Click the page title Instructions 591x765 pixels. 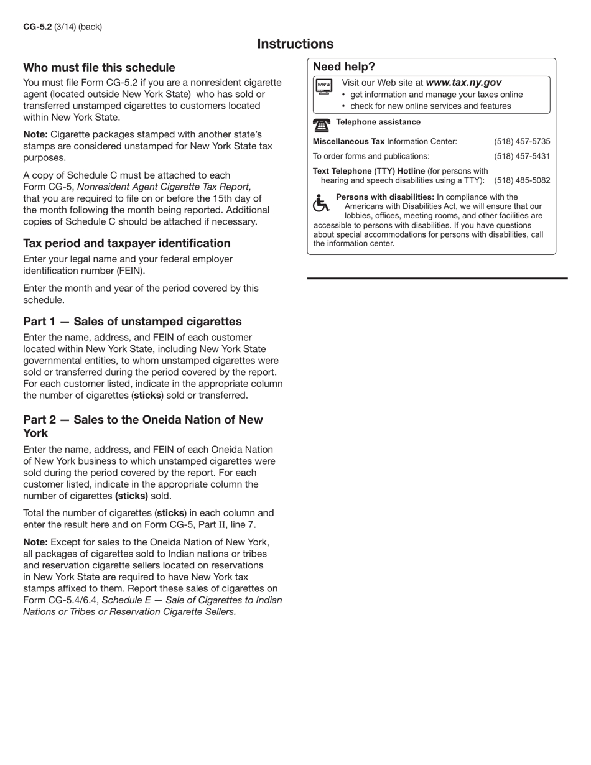click(295, 44)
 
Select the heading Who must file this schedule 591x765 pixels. click(99, 67)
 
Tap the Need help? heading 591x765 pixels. click(344, 67)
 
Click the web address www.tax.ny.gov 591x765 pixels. click(463, 82)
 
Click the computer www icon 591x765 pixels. click(323, 87)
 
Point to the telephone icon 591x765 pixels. click(321, 125)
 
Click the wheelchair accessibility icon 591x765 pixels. click(320, 203)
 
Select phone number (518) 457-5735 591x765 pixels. click(522, 141)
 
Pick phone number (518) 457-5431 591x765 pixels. click(522, 156)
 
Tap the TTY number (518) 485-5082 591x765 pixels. click(522, 180)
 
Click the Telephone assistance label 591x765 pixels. click(378, 122)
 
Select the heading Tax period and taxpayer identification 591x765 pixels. click(126, 243)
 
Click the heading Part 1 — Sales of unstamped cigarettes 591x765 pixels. click(132, 321)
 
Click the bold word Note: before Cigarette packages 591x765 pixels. click(35, 134)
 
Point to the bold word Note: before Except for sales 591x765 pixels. click(35, 542)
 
